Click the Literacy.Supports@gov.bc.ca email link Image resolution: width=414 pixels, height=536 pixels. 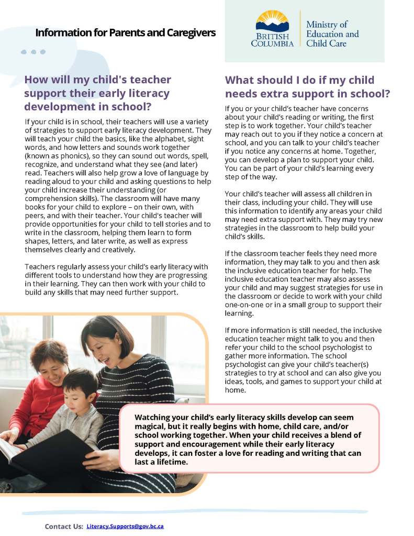(125, 526)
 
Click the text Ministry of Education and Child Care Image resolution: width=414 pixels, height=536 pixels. (332, 34)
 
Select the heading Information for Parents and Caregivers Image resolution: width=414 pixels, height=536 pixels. (125, 32)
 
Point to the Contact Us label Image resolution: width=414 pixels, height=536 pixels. (64, 526)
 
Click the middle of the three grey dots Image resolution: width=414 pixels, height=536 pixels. (33, 52)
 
